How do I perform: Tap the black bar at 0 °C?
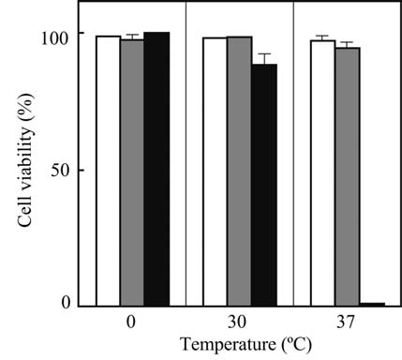[156, 169]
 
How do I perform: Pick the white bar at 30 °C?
[216, 172]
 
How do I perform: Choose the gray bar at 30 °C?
[240, 172]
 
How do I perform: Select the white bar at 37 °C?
[323, 173]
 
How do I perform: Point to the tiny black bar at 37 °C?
[372, 304]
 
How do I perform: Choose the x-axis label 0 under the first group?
[132, 321]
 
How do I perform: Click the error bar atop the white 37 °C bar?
[323, 37]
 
